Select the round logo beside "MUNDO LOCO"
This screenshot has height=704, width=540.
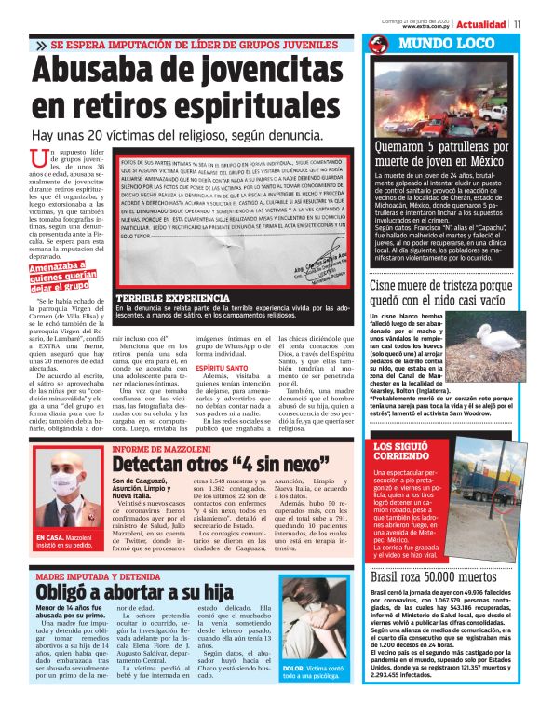pyautogui.click(x=376, y=45)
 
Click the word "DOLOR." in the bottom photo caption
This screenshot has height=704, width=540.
pyautogui.click(x=294, y=669)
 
